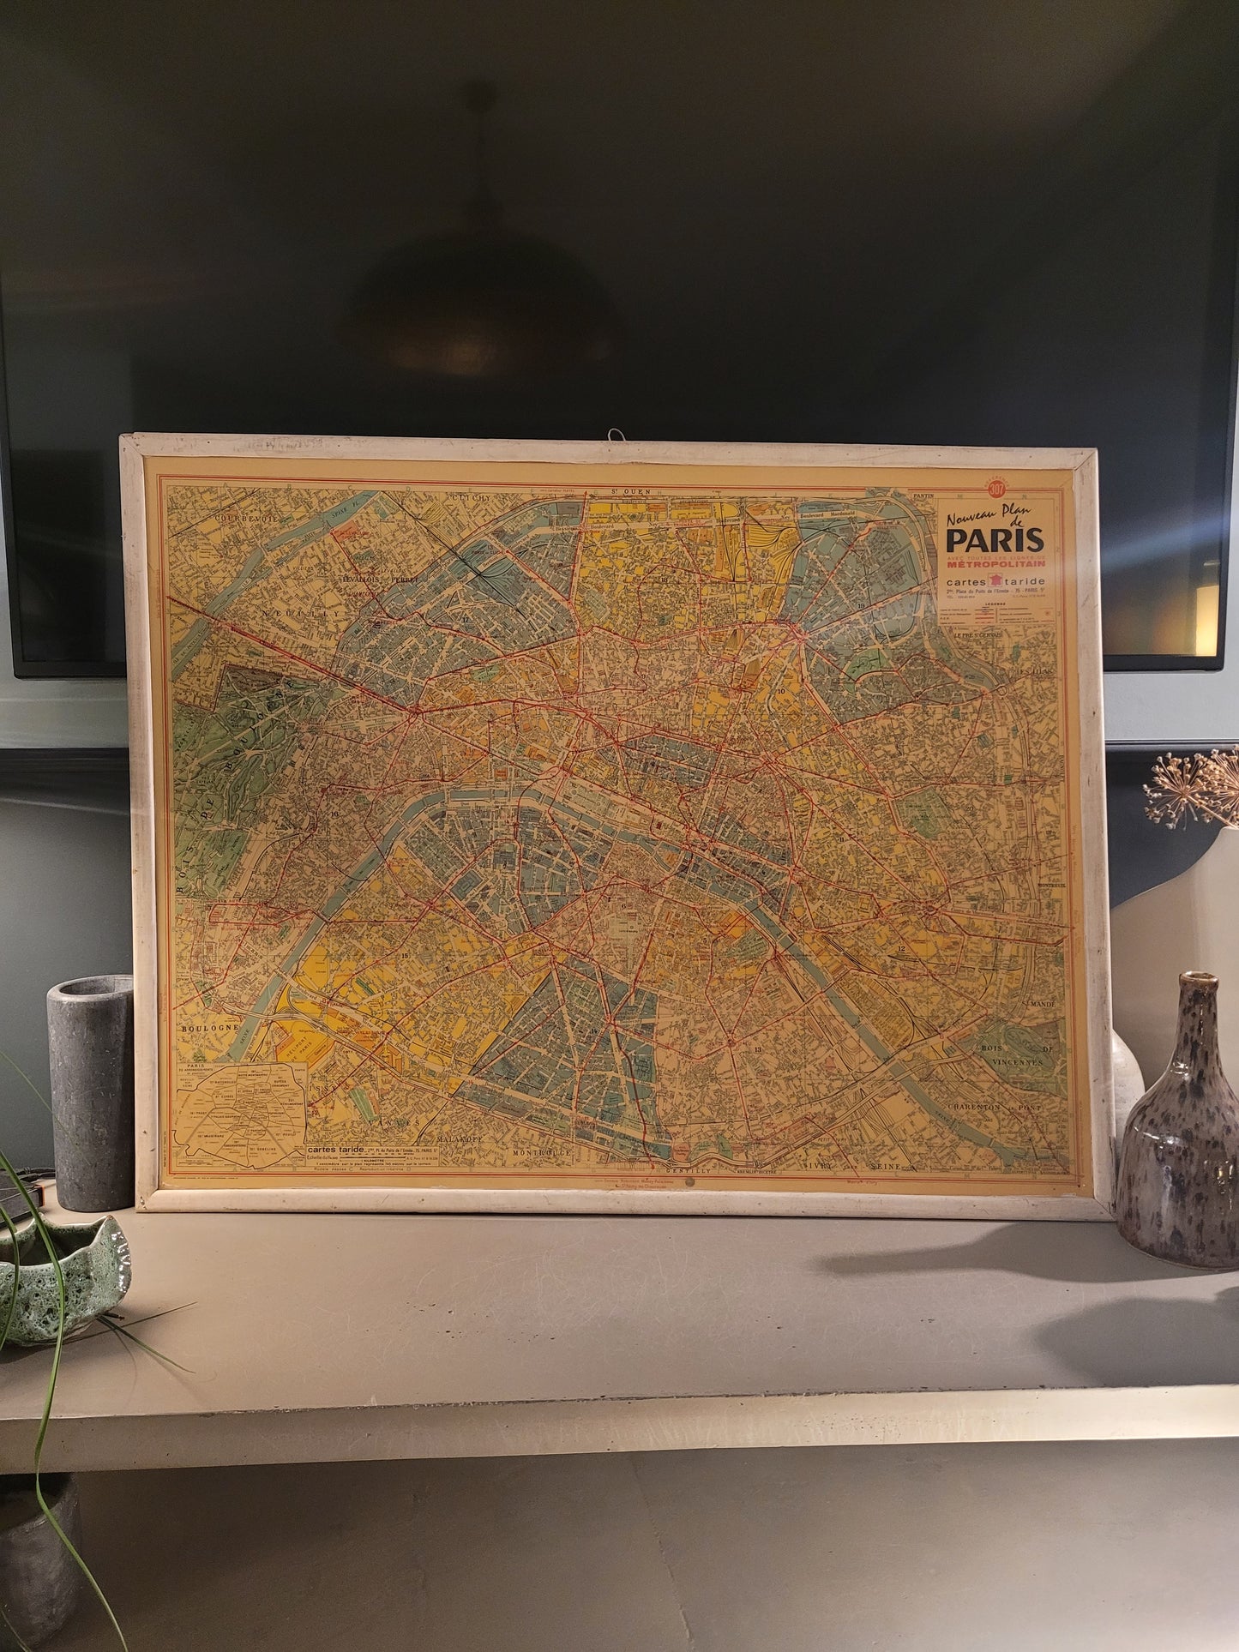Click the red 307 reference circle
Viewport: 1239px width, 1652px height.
[996, 490]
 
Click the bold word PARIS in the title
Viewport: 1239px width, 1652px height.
[995, 540]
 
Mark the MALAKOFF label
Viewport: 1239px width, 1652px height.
[463, 1138]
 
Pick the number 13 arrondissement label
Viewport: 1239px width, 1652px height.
[757, 1049]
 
